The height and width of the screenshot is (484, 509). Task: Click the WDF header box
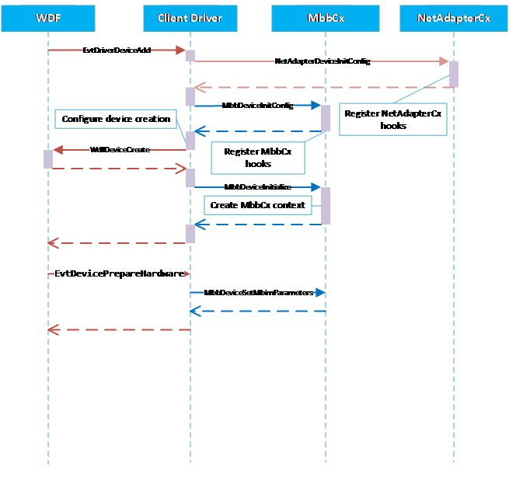pyautogui.click(x=48, y=18)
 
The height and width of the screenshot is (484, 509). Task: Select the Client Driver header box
pyautogui.click(x=190, y=18)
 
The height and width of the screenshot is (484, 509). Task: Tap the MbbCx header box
pyautogui.click(x=326, y=18)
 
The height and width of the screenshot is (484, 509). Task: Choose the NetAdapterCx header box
pyautogui.click(x=454, y=18)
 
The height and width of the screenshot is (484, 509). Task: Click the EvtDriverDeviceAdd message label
pyautogui.click(x=117, y=50)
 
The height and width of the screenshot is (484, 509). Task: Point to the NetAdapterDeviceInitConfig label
pyautogui.click(x=322, y=61)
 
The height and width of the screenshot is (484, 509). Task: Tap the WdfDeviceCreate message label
pyautogui.click(x=120, y=149)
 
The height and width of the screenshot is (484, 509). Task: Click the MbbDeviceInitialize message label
pyautogui.click(x=257, y=187)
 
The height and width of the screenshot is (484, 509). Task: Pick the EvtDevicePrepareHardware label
pyautogui.click(x=120, y=274)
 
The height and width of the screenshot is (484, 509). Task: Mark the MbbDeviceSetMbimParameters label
pyautogui.click(x=258, y=293)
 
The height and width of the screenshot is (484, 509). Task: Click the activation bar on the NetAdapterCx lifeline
pyautogui.click(x=454, y=75)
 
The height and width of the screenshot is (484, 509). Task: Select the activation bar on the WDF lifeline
pyautogui.click(x=48, y=158)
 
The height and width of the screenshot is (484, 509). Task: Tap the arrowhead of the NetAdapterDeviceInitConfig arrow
pyautogui.click(x=445, y=61)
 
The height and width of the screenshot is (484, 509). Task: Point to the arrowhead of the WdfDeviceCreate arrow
pyautogui.click(x=58, y=149)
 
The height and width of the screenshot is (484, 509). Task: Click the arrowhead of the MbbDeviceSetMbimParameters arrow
pyautogui.click(x=321, y=293)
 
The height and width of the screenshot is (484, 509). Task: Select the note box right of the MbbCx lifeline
pyautogui.click(x=393, y=119)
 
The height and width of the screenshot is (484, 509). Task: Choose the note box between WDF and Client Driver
pyautogui.click(x=116, y=119)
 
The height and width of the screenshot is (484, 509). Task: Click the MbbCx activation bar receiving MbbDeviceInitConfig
pyautogui.click(x=326, y=118)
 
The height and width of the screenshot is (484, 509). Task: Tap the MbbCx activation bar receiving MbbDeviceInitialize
pyautogui.click(x=326, y=206)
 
